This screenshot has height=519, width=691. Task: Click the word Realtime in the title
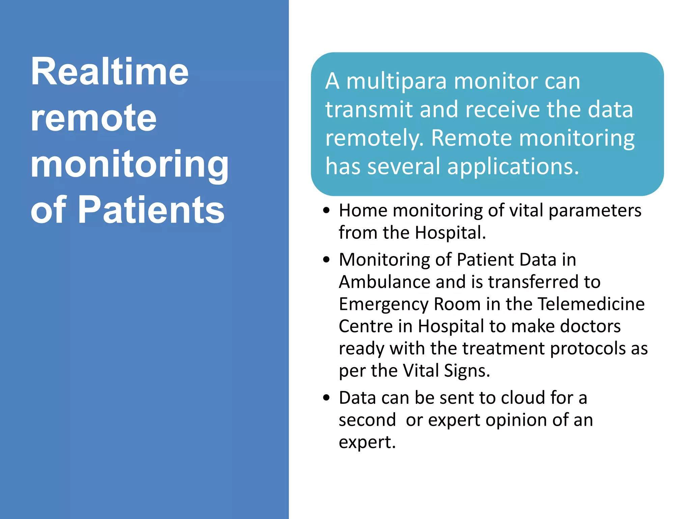109,72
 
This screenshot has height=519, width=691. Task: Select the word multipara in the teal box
396,82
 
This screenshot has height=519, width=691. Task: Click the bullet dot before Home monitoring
326,211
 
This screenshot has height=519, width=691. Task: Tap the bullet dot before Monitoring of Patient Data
326,260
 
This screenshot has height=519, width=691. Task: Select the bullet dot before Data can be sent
326,398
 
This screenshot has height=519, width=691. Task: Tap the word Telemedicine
591,304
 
